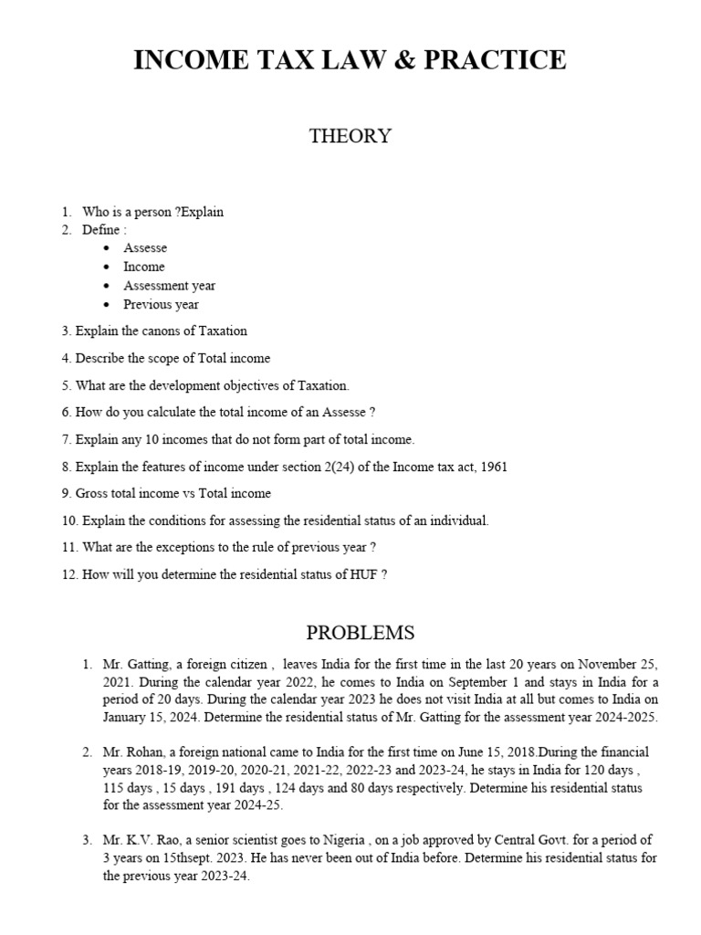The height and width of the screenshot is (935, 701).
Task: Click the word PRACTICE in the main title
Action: point(497,60)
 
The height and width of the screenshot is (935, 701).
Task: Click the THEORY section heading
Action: point(350,136)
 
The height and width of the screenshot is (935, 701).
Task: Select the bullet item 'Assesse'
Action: point(145,248)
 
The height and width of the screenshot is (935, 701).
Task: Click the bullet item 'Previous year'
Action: point(161,304)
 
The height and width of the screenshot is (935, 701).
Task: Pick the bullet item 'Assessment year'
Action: point(170,286)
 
